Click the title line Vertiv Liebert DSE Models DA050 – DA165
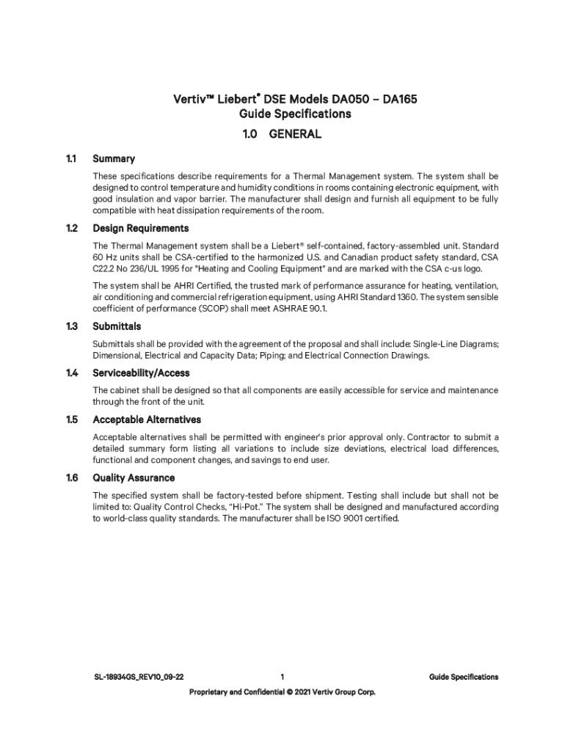[x=295, y=98]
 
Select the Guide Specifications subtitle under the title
[x=295, y=114]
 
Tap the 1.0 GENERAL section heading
[x=282, y=134]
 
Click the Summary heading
[x=114, y=158]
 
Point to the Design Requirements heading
[x=140, y=228]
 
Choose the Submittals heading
[x=117, y=326]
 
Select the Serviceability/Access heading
[x=142, y=373]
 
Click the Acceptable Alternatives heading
[x=147, y=420]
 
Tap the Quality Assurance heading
[x=134, y=477]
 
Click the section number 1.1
[x=71, y=158]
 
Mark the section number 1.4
[x=71, y=373]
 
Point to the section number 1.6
[x=71, y=477]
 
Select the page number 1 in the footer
[x=282, y=677]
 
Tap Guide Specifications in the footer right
[x=464, y=677]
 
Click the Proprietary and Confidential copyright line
[x=282, y=692]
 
